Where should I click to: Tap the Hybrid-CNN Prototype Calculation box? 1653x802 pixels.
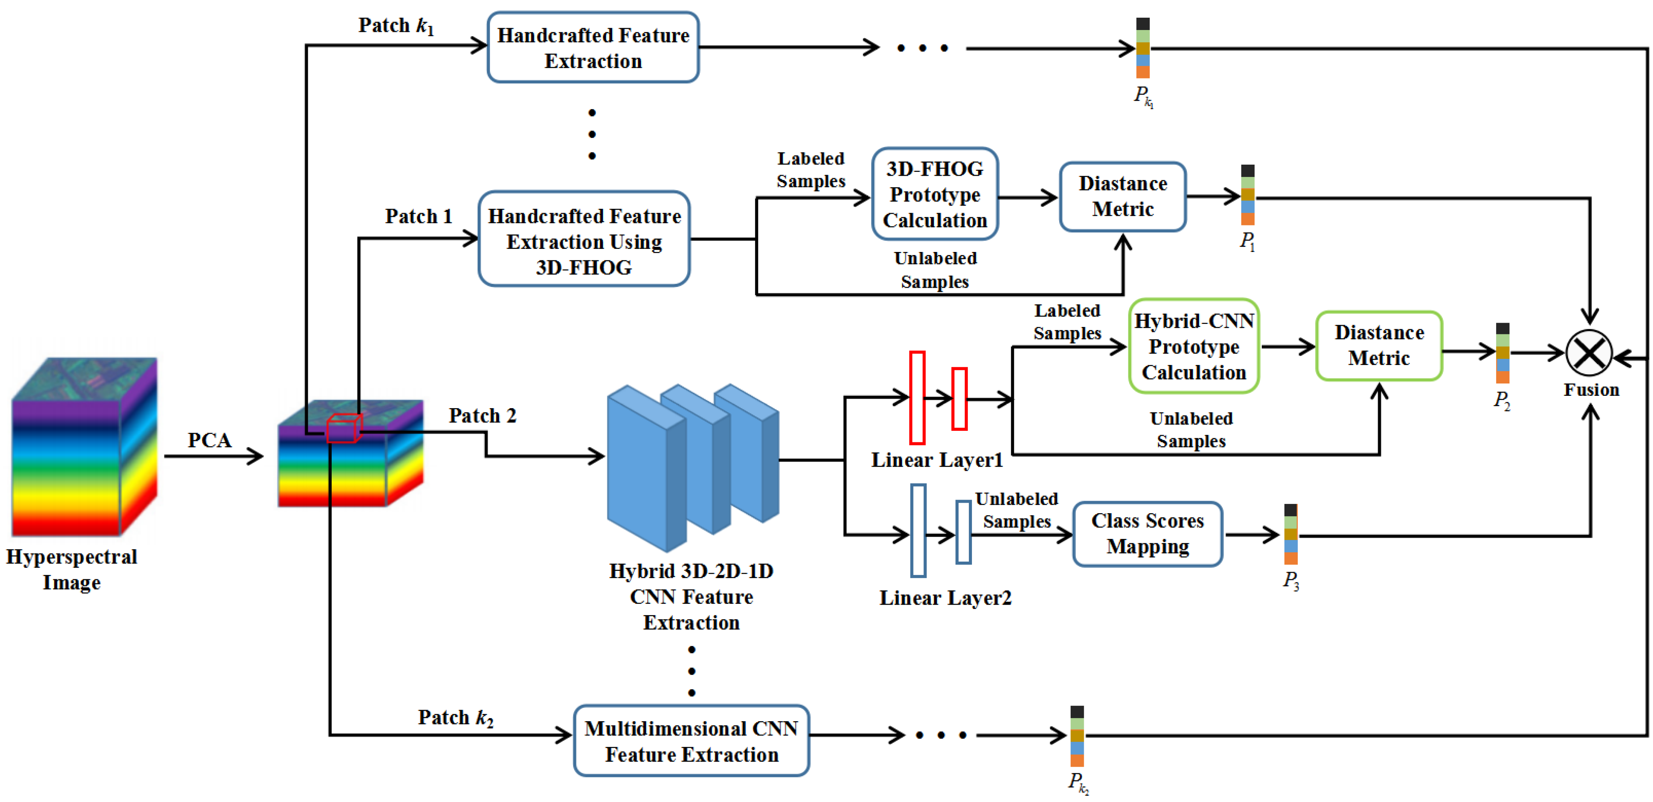[1194, 347]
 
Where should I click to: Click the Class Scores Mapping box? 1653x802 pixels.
[1147, 534]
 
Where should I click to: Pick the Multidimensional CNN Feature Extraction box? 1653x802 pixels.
[691, 741]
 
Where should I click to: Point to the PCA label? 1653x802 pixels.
[209, 440]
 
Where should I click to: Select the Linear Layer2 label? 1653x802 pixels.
[945, 598]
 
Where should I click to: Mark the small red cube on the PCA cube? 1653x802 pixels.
[344, 428]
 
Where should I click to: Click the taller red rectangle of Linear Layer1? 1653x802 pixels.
[917, 397]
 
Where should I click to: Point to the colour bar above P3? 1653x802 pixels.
[1291, 534]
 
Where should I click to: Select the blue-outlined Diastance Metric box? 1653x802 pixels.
[1122, 197]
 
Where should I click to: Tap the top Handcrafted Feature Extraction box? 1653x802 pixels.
[593, 48]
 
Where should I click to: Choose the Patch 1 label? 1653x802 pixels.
[419, 217]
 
